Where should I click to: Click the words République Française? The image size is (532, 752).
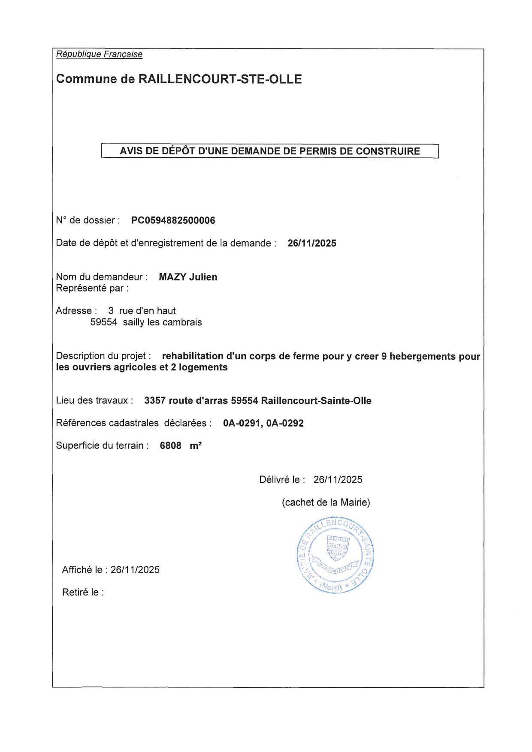tap(99, 54)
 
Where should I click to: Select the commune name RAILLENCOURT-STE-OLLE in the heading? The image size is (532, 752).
tap(220, 79)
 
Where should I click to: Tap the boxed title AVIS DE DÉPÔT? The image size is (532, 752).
tap(269, 151)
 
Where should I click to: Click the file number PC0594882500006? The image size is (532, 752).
tap(173, 220)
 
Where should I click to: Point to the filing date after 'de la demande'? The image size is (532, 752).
tap(312, 244)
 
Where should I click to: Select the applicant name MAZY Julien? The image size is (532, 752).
tap(188, 277)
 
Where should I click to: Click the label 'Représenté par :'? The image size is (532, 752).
tap(92, 288)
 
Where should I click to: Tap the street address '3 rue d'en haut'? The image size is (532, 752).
tap(142, 311)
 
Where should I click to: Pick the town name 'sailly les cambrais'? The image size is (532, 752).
tap(162, 322)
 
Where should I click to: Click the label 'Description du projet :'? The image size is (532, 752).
tap(103, 356)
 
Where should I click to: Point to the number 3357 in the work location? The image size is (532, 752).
tap(154, 401)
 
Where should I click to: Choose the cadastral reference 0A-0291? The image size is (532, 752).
tap(242, 424)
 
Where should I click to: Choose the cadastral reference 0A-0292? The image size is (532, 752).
tap(285, 424)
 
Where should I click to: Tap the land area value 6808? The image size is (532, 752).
tap(170, 446)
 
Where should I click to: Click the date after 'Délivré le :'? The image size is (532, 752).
tap(338, 480)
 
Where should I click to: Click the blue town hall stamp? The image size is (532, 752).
tap(335, 555)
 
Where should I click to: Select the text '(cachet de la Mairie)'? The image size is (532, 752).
tap(326, 502)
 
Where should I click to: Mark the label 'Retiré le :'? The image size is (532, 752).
tap(83, 593)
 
